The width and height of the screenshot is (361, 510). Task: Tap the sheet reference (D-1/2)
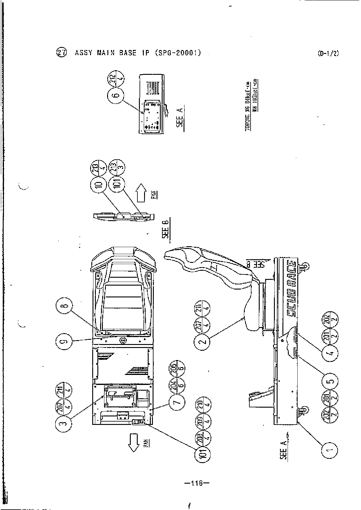pos(328,53)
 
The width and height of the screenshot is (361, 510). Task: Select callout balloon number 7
pos(177,403)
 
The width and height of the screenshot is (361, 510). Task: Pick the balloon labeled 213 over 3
pos(117,167)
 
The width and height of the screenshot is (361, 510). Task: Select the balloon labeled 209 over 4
pos(204,421)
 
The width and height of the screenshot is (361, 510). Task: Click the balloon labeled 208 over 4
pos(204,438)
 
